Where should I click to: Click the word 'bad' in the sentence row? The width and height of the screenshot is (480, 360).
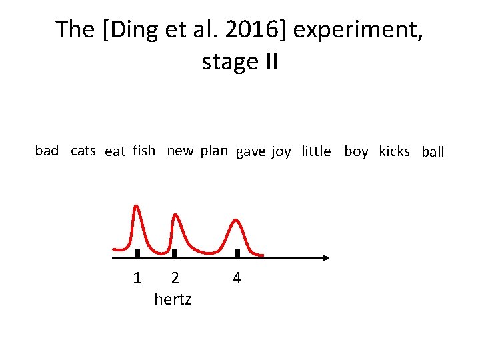tap(47, 151)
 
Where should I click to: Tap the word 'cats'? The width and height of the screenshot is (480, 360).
tap(83, 151)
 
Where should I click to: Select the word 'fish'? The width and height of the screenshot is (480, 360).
tap(144, 151)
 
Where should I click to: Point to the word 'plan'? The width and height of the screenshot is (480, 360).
tap(214, 151)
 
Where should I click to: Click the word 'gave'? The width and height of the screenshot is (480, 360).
tap(251, 152)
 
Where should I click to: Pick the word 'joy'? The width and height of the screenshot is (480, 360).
tap(281, 152)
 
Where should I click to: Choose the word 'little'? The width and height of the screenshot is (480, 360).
tap(316, 151)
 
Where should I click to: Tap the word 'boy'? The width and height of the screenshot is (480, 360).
tap(356, 152)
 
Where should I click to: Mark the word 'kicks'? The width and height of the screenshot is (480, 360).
tap(394, 151)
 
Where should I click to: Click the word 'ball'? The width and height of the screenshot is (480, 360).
tap(433, 152)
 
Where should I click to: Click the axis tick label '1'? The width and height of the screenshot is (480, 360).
tap(137, 277)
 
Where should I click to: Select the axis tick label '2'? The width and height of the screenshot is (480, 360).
tap(175, 277)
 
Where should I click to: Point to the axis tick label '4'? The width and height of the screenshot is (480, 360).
tap(237, 277)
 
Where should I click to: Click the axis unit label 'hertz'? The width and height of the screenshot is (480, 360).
tap(173, 299)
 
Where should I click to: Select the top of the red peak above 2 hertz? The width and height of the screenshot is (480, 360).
tap(175, 215)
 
